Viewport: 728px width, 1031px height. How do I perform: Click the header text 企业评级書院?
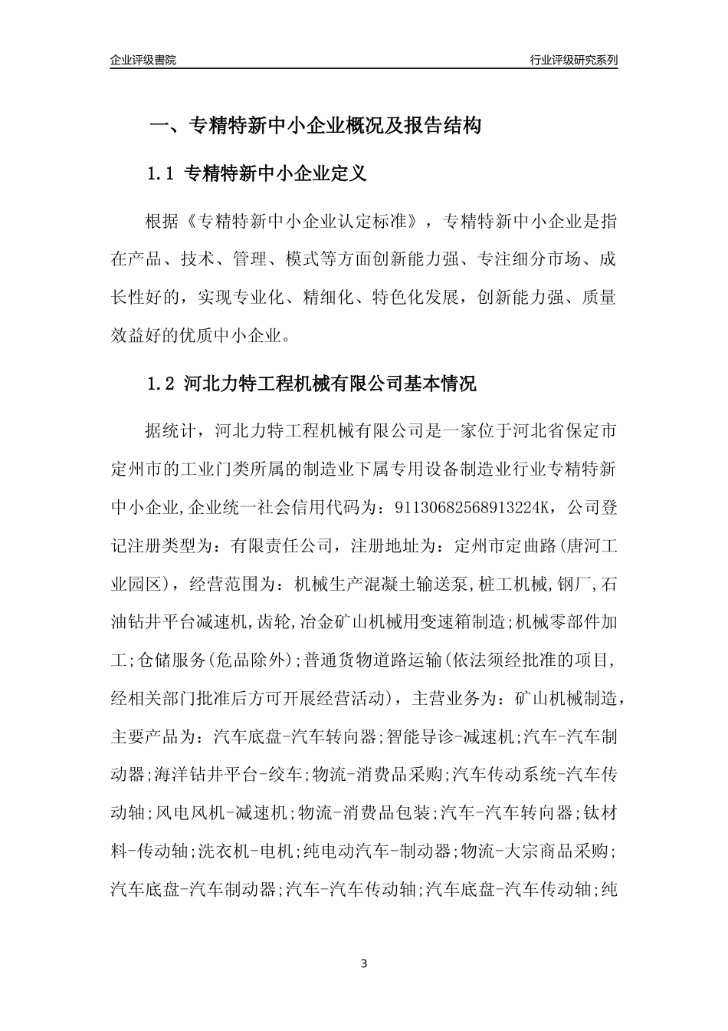coord(143,60)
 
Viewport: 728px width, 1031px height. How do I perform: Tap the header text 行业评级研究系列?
coord(573,60)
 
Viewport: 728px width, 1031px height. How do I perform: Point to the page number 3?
coord(364,963)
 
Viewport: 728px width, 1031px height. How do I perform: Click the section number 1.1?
coord(162,174)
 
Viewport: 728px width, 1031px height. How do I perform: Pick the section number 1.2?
coord(162,384)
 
